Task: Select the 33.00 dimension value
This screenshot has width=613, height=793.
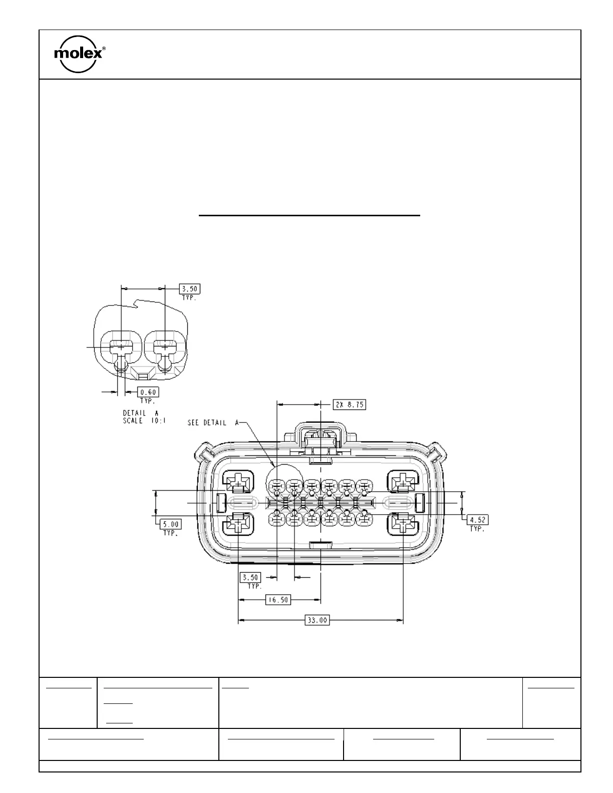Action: tap(317, 620)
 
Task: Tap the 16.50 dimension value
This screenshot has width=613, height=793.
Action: tap(277, 599)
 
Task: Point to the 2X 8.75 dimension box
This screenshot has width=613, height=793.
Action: tap(349, 405)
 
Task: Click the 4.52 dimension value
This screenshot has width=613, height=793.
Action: tap(478, 520)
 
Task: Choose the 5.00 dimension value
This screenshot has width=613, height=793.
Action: tap(170, 524)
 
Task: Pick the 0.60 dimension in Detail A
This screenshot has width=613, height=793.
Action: tap(148, 392)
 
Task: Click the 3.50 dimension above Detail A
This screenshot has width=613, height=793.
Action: tap(190, 289)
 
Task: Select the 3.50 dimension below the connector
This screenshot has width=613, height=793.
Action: tap(251, 578)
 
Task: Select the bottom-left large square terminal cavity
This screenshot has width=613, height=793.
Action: tap(238, 524)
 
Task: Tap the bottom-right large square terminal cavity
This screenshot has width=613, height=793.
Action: tap(404, 524)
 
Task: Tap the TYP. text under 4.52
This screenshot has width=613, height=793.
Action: tap(477, 529)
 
